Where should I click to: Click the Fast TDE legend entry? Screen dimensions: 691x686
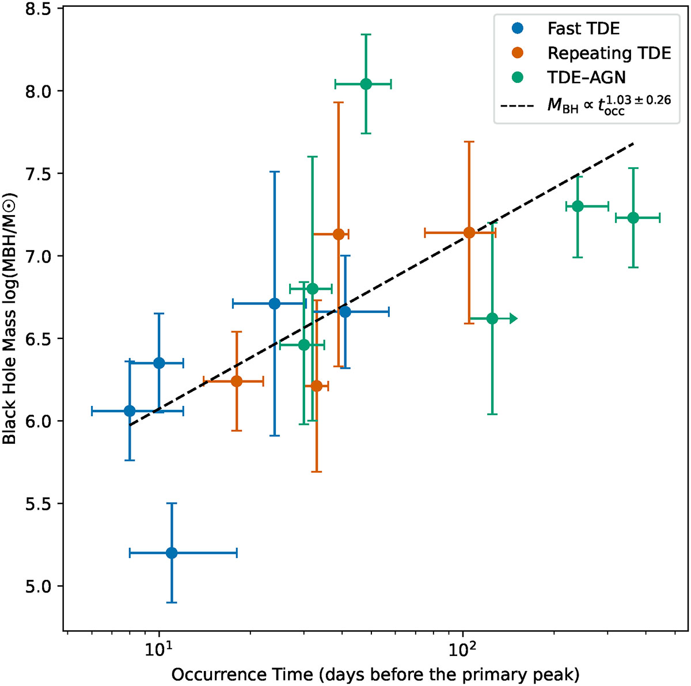pos(566,28)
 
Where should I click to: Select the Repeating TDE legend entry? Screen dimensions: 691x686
pos(591,53)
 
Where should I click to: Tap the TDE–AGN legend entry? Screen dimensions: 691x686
pos(569,77)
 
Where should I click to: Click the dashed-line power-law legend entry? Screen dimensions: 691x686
pos(586,104)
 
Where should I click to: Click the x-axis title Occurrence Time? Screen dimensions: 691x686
pos(375,674)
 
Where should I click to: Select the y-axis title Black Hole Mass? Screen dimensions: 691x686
pos(9,318)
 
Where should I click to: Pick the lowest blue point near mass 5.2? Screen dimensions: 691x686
pos(172,553)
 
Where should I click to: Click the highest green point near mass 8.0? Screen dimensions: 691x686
pos(366,84)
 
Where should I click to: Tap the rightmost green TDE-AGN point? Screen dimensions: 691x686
pos(633,218)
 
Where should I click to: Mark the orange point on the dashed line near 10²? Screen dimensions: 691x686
pos(469,233)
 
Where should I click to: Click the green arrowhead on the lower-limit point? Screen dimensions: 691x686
pos(514,318)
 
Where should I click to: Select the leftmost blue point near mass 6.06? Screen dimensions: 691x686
pos(130,411)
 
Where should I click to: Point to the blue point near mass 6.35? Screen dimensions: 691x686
pos(159,363)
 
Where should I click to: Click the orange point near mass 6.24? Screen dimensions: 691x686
pos(236,382)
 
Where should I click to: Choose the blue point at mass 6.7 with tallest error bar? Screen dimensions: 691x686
pos(274,303)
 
